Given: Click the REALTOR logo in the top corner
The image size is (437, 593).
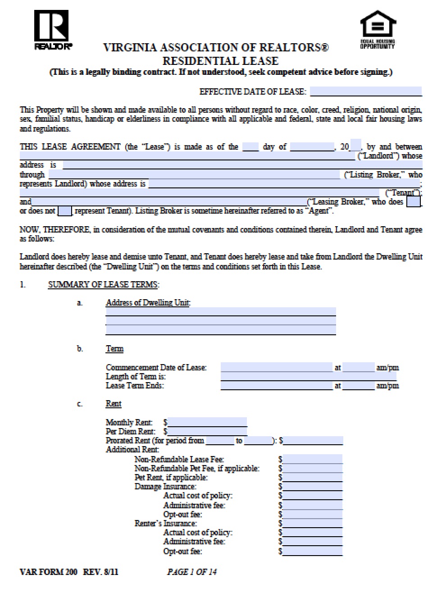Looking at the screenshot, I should click(x=51, y=29).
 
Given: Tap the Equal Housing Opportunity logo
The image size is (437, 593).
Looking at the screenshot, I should click(x=378, y=30).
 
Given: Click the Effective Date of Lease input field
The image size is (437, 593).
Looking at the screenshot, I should click(x=365, y=91).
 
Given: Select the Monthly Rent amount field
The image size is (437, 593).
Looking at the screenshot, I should click(x=207, y=422).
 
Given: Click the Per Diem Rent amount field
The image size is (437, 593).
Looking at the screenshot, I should click(x=207, y=431).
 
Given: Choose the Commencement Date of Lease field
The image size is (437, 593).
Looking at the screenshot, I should click(x=276, y=367).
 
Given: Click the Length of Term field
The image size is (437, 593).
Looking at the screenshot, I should click(x=308, y=376).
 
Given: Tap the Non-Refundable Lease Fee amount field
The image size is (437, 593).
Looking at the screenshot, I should click(x=313, y=459).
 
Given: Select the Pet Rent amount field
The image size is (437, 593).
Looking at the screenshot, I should click(x=313, y=477).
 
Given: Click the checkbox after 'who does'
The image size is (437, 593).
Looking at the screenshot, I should click(x=413, y=201).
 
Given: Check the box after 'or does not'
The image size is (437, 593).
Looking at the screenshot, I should click(x=65, y=211).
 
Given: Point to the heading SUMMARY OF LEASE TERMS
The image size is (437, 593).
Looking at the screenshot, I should click(x=104, y=284).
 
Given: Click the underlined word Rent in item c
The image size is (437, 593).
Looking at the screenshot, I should click(x=114, y=404).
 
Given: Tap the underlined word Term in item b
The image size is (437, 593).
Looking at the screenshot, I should click(x=114, y=349).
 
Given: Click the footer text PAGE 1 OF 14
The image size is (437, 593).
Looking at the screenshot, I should click(x=192, y=572).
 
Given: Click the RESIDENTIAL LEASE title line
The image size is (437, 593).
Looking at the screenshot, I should click(x=220, y=61).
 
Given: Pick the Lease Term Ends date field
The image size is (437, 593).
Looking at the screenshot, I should click(x=276, y=386).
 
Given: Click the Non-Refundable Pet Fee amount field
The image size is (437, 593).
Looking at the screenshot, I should click(x=313, y=468).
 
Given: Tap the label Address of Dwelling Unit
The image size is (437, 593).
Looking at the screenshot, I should click(x=148, y=303).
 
